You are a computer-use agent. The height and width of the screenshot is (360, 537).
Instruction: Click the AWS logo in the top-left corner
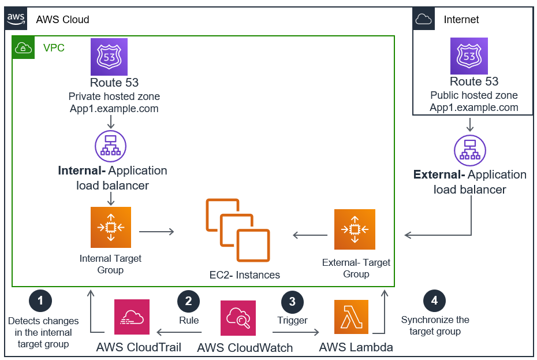point(16,18)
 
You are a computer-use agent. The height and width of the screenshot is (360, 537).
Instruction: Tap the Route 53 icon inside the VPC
point(109,57)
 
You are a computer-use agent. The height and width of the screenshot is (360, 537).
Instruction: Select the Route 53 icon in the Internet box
point(469,56)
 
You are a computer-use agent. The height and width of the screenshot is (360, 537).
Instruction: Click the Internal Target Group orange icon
point(111,227)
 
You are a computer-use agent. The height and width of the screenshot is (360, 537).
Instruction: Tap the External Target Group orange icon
point(355,229)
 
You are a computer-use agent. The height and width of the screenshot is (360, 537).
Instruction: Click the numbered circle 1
point(40,300)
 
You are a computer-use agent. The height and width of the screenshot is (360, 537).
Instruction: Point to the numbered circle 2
point(188,300)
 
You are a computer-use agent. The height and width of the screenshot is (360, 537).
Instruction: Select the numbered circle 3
point(292,301)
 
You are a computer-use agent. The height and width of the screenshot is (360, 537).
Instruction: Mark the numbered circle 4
point(434,300)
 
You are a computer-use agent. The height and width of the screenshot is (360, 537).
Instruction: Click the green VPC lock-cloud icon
point(24,47)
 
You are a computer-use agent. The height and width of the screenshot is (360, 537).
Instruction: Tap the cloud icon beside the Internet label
point(424,19)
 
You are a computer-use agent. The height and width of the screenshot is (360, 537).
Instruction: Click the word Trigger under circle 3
point(292,320)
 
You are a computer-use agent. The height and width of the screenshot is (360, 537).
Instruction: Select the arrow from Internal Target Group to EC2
point(156,232)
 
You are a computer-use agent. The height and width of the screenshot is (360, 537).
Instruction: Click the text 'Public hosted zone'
point(474,95)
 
